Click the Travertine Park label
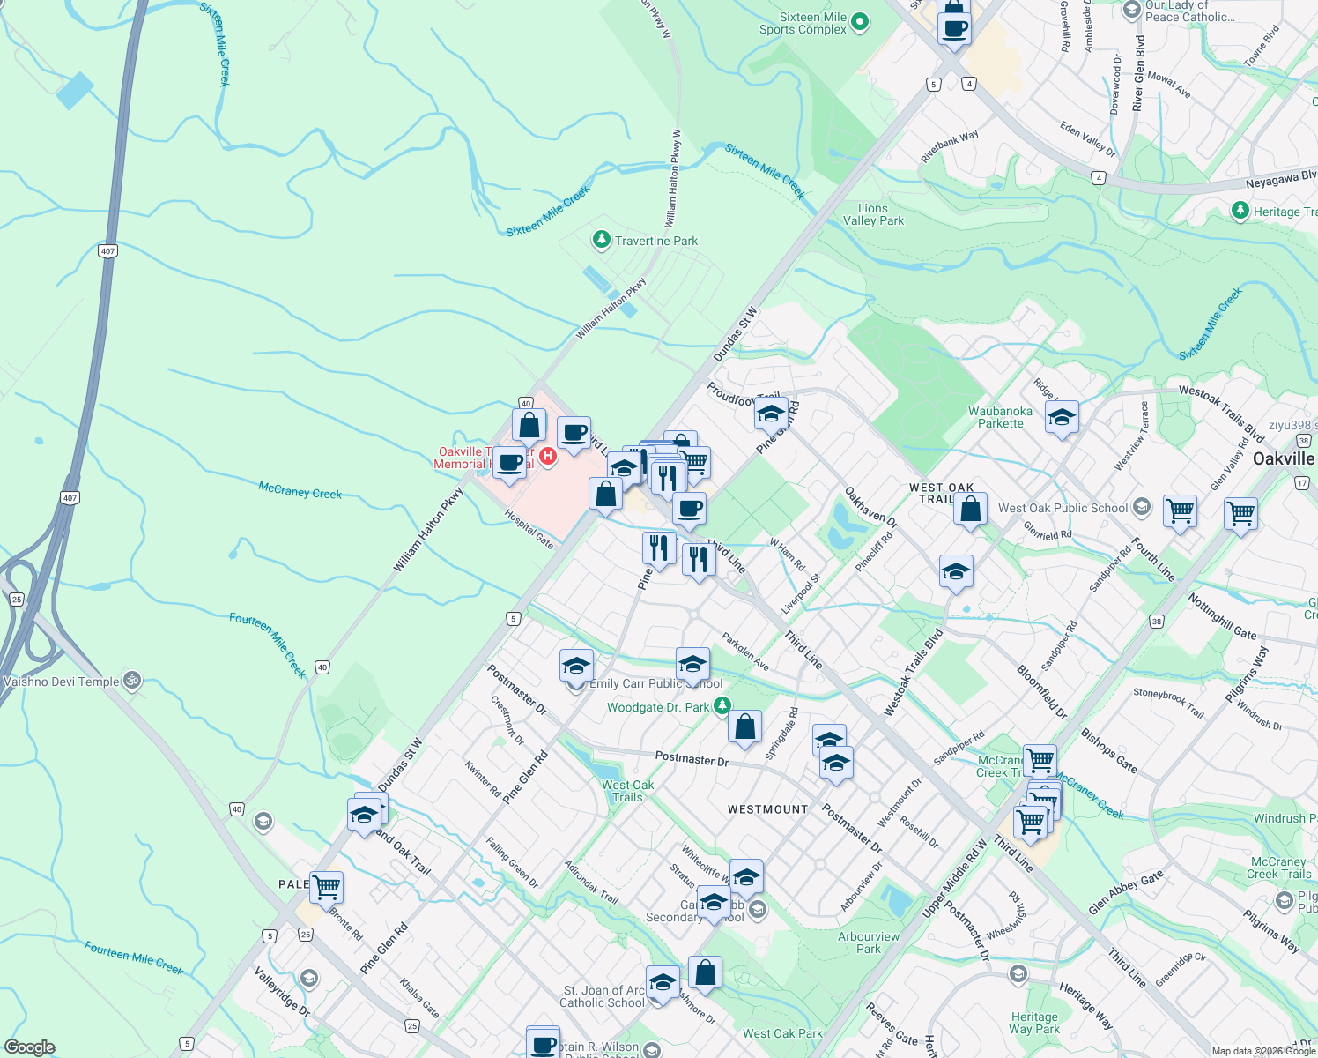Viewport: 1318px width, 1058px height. coord(656,241)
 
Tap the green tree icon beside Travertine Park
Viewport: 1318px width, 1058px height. coord(601,239)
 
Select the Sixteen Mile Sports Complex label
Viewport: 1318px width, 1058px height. coord(803,24)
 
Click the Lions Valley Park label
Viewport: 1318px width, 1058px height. coord(873,215)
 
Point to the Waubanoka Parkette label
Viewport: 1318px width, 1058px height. coord(1000,417)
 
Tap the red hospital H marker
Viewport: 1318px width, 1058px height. coord(547,456)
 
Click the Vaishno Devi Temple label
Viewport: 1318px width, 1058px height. coord(61,682)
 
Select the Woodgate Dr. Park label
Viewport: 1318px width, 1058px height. coord(658,707)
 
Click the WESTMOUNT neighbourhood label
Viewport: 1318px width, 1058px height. coord(767,809)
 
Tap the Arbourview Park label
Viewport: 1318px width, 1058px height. coord(869,943)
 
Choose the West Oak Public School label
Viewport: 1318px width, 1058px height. coord(1063,508)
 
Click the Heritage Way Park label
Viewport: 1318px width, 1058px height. coord(1034,1023)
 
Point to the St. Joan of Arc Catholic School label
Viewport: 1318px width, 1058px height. coord(603,996)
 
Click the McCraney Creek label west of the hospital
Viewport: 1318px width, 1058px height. coord(300,490)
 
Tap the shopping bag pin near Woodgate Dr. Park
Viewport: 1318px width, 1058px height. coord(744,728)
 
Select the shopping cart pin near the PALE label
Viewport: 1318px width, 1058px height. coord(326,886)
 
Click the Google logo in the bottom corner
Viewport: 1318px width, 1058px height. coord(29,1047)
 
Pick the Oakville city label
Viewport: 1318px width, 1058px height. coord(1284,459)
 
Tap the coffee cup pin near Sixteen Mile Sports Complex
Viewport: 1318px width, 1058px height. coord(953,29)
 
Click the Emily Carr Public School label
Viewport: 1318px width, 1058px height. coord(655,684)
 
